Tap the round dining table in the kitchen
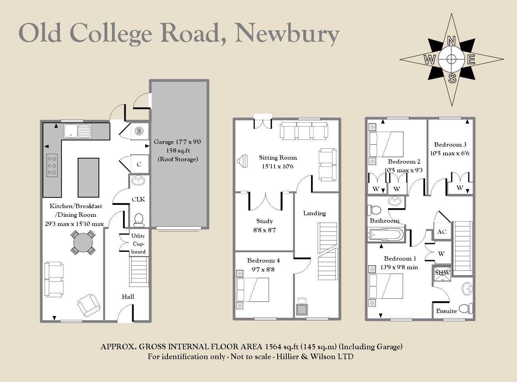[x=83, y=242]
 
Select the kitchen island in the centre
[x=88, y=177]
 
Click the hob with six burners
[x=52, y=165]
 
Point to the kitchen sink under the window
[x=78, y=130]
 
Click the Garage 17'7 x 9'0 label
[x=177, y=142]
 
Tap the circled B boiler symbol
[x=139, y=131]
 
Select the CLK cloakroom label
[x=138, y=199]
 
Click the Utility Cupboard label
[x=138, y=244]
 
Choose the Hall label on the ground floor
[x=128, y=297]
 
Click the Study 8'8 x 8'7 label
[x=264, y=225]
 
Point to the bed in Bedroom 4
[x=253, y=290]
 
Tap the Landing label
[x=314, y=213]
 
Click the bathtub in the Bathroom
[x=386, y=235]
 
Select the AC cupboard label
[x=442, y=231]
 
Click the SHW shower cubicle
[x=442, y=273]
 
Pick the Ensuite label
[x=446, y=311]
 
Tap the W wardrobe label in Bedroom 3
[x=460, y=188]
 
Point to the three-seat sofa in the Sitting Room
[x=304, y=130]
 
